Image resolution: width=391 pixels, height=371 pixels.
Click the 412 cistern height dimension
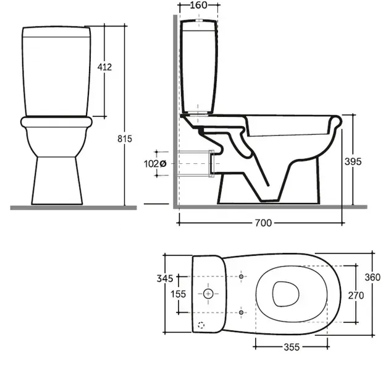[x=104, y=67]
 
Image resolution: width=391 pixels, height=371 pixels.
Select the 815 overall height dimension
[x=125, y=139]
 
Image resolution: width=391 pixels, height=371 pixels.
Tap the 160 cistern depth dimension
[x=198, y=5]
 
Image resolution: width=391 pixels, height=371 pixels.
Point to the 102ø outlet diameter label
[x=155, y=164]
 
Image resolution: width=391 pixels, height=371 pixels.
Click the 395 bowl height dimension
[x=353, y=162]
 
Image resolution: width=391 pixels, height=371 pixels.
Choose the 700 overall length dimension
[x=263, y=223]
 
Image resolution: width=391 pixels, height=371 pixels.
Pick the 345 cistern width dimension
[x=165, y=278]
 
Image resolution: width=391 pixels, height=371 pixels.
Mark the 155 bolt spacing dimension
[x=179, y=294]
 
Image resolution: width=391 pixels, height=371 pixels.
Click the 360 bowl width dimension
[x=372, y=278]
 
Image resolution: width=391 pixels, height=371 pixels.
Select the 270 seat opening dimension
[x=356, y=296]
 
